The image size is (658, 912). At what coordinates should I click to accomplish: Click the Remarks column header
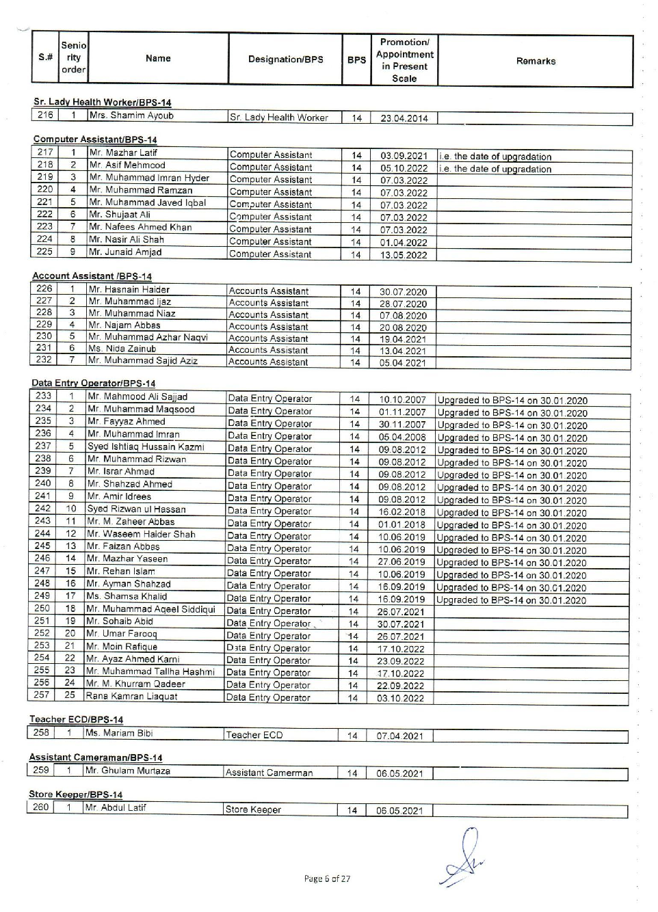pos(536,61)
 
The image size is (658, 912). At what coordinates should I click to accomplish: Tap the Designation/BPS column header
pos(285,59)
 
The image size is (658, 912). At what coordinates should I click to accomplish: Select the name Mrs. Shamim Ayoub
pos(132,116)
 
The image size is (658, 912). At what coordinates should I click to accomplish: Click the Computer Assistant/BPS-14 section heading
pos(95,140)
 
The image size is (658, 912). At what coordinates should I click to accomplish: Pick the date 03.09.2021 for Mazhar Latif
pos(404,156)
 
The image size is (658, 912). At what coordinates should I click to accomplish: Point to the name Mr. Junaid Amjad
pos(126,252)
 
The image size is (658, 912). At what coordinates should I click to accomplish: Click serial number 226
pos(44,289)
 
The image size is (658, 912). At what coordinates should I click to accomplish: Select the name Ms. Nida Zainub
pos(122,349)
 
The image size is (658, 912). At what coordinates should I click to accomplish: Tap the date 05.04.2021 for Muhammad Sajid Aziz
pos(402,363)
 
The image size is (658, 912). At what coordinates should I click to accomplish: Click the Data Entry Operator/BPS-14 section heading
pos(93,384)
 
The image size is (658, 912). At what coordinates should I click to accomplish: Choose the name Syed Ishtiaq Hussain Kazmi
pos(146,447)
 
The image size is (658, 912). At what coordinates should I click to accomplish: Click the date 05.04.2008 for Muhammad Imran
pos(402,438)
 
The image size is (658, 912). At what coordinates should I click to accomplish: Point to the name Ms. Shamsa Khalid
pos(126,596)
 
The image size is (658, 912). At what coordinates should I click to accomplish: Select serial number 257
pos(42,695)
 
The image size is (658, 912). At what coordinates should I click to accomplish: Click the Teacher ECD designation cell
pos(254,736)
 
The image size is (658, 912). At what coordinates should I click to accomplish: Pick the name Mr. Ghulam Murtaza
pos(127,770)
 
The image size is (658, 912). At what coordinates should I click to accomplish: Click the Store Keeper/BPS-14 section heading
pos(76,794)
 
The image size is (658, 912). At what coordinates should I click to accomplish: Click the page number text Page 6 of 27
pos(327,879)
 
